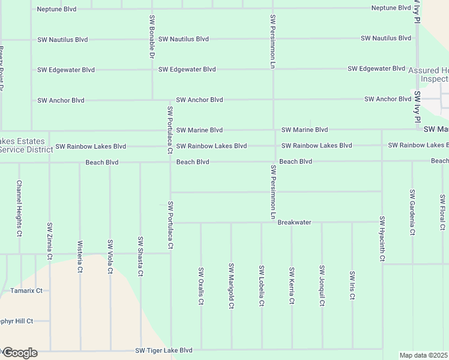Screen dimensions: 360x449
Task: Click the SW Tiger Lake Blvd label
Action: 163,350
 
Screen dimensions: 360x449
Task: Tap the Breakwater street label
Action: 294,223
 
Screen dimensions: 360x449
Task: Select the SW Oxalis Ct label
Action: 201,286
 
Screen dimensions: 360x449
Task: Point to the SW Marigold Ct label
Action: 231,286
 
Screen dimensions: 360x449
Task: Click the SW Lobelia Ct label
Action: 262,286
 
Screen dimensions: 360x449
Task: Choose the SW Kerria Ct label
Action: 292,286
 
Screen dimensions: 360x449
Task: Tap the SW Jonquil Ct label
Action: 322,286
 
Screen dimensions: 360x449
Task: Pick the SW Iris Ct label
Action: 352,286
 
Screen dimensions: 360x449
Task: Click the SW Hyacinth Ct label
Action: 382,238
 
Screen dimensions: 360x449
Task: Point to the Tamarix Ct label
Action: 26,291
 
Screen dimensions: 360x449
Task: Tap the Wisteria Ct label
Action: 80,257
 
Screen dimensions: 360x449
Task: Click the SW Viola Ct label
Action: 110,257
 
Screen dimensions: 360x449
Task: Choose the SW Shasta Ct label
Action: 140,257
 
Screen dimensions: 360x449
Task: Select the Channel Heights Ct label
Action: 19,208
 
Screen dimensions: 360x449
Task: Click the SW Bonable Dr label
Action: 152,37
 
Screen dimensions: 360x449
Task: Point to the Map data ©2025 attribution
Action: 424,355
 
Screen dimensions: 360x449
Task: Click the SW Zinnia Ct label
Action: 50,239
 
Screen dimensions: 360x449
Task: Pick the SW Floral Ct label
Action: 443,212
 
